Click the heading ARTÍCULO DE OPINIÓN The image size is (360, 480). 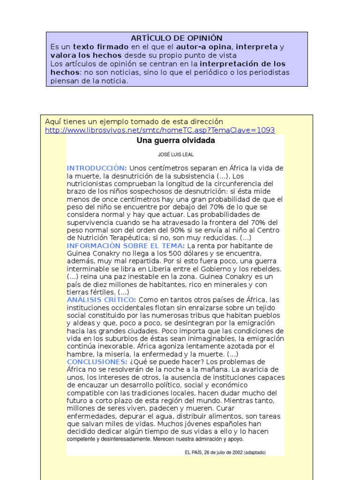click(x=176, y=38)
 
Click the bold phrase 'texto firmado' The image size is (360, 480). click(x=101, y=47)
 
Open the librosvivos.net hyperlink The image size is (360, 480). click(x=160, y=130)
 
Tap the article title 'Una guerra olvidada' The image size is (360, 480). click(x=176, y=141)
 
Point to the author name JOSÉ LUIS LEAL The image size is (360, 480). click(x=176, y=154)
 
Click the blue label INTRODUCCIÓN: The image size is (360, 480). click(x=97, y=168)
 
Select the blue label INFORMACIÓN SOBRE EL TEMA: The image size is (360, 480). click(x=126, y=246)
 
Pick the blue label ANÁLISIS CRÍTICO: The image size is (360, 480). click(x=102, y=300)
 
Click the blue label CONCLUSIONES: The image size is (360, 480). click(x=97, y=362)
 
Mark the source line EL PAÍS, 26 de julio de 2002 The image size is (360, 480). click(x=225, y=452)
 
